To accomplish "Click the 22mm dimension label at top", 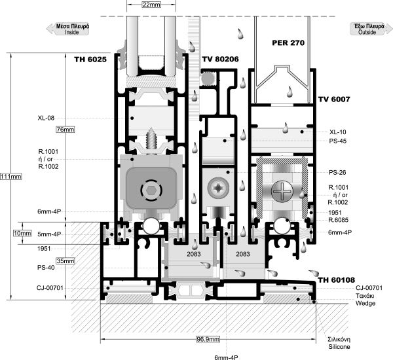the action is (151, 5).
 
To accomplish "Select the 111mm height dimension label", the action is (10, 177).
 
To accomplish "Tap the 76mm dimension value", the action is (65, 130).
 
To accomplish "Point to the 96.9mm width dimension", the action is (208, 339).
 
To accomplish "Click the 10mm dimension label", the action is (22, 234).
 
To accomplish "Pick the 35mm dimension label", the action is (65, 261).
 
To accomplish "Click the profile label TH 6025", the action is (90, 60).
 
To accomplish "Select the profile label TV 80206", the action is (220, 59).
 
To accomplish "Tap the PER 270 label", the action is (288, 43).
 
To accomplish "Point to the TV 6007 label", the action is (334, 99).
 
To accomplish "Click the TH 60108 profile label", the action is (337, 280).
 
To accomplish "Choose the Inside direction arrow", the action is (68, 29).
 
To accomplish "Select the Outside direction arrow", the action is (371, 29).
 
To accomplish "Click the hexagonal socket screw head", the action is (151, 190).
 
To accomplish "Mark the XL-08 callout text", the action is (46, 118).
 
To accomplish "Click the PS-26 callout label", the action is (337, 173).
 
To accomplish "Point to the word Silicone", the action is (339, 347).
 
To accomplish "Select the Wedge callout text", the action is (365, 304).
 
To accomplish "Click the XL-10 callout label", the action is (337, 132).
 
